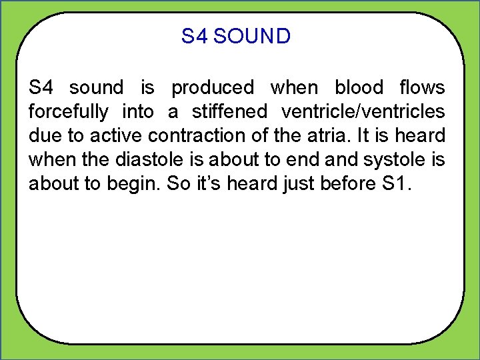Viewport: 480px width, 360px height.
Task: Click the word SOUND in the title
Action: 252,36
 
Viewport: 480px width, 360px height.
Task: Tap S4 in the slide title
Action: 195,36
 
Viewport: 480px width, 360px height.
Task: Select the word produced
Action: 213,87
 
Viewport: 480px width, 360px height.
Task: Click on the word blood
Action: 359,87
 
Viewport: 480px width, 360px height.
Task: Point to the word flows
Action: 421,87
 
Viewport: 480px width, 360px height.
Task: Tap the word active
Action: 113,135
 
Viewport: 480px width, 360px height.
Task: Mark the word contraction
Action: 195,135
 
